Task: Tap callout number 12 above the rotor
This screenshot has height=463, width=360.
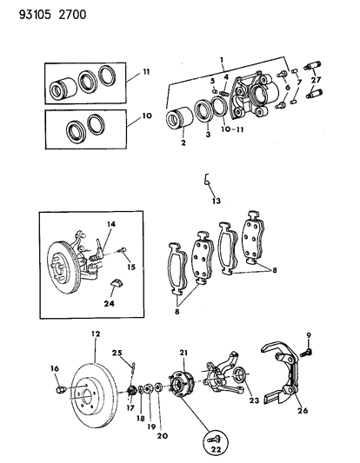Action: [x=96, y=334]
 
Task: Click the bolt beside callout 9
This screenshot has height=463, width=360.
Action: [x=305, y=354]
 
